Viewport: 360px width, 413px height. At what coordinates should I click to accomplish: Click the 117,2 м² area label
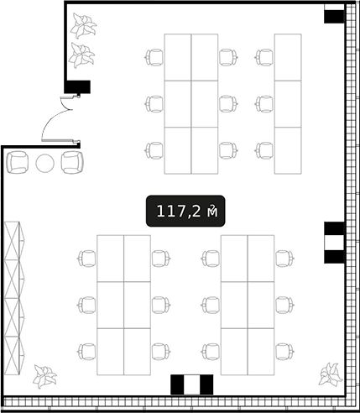pyautogui.click(x=185, y=211)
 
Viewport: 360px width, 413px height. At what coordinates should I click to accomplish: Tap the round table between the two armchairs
pyautogui.click(x=45, y=163)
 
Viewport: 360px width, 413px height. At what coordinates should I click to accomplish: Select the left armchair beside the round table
pyautogui.click(x=18, y=162)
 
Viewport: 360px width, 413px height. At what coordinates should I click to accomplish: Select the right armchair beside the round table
pyautogui.click(x=72, y=162)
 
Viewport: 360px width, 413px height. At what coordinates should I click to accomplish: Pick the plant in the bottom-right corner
pyautogui.click(x=331, y=374)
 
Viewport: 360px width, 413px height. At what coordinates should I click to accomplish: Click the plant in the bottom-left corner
pyautogui.click(x=44, y=376)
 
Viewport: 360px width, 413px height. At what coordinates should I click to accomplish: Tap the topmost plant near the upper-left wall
pyautogui.click(x=83, y=25)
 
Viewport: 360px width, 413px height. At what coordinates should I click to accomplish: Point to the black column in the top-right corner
pyautogui.click(x=334, y=17)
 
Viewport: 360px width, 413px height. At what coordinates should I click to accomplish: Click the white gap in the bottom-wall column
pyautogui.click(x=192, y=384)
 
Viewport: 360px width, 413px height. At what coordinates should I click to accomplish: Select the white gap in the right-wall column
pyautogui.click(x=334, y=243)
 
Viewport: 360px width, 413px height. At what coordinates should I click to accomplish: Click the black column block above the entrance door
pyautogui.click(x=77, y=86)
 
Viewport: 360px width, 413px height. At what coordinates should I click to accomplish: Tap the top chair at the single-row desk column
pyautogui.click(x=264, y=57)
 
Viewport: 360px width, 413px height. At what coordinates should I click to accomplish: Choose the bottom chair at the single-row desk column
pyautogui.click(x=264, y=150)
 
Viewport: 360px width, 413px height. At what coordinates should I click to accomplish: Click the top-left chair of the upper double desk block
pyautogui.click(x=154, y=57)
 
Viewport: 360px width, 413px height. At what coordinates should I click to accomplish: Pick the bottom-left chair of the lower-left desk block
pyautogui.click(x=86, y=352)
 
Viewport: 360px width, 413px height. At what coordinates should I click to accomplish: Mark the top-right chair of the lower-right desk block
pyautogui.click(x=284, y=259)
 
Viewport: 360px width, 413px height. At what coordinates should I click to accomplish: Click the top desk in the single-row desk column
pyautogui.click(x=288, y=57)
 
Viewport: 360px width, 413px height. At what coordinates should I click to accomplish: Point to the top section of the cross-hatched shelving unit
pyautogui.click(x=14, y=241)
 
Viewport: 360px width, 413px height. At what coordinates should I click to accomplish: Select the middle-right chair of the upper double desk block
pyautogui.click(x=228, y=104)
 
